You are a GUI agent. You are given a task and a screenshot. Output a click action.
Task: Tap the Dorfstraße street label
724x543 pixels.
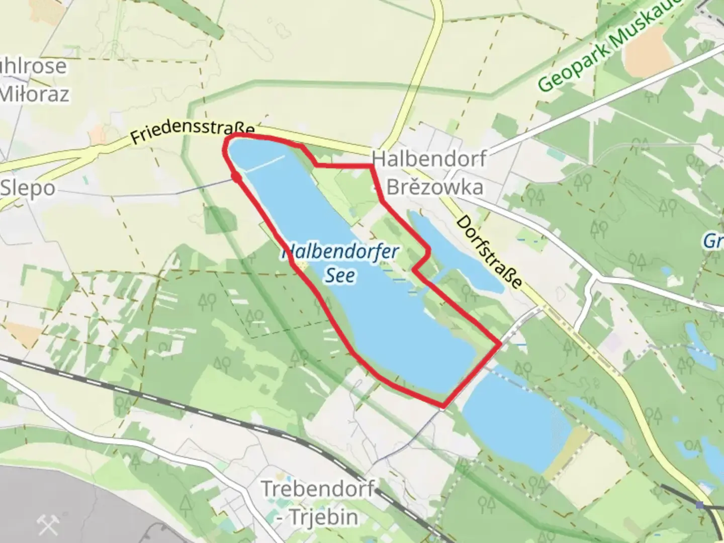[x=489, y=252]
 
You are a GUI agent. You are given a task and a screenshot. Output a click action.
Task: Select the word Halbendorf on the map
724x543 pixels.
[x=429, y=159]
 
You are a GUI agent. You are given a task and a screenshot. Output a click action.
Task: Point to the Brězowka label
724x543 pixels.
[x=435, y=187]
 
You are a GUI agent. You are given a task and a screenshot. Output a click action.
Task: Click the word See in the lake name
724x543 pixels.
[x=340, y=275]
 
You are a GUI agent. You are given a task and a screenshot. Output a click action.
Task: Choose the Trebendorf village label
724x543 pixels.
[x=318, y=488]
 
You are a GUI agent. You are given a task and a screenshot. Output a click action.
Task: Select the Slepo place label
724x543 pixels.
[x=28, y=188]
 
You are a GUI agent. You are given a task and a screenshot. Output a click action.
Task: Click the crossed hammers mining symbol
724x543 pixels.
[x=48, y=526]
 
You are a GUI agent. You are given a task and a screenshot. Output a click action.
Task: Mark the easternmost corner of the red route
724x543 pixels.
[x=500, y=344]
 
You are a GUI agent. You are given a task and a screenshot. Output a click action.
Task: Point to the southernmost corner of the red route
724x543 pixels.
[x=443, y=405]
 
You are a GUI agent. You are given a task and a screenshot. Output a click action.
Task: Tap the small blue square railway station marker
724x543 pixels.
[x=700, y=504]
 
